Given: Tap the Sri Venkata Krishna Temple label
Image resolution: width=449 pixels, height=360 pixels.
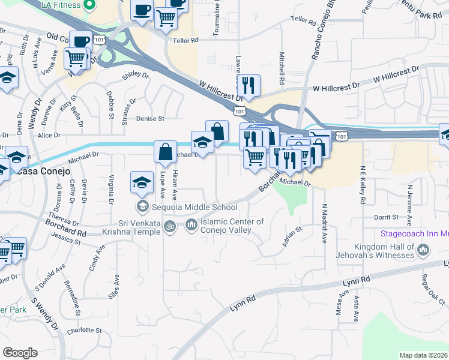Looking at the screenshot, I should point(140,228).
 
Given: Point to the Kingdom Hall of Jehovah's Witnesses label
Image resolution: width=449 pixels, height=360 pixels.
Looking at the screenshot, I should point(384,251).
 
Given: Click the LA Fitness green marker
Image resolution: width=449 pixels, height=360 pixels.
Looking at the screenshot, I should point(89,6).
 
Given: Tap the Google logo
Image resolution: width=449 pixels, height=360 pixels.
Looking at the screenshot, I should point(20,353).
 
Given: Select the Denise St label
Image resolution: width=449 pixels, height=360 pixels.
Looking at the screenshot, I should point(150,119).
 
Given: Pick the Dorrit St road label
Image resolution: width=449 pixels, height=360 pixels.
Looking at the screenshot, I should point(386,217).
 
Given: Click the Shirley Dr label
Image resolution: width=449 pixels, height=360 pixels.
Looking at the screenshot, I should point(135,75).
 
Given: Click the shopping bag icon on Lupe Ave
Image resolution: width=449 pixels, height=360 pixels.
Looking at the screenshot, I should point(165,151).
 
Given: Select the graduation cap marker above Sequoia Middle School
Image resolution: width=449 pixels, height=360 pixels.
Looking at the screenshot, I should point(142,182).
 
